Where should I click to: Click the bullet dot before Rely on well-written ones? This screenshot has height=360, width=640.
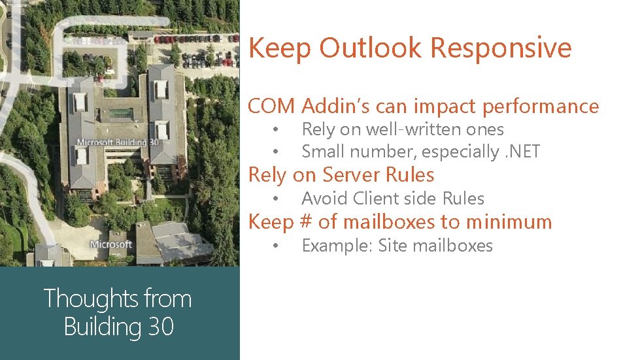(277, 129)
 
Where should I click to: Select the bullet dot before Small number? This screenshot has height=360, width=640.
(277, 152)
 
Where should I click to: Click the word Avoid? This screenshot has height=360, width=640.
(325, 198)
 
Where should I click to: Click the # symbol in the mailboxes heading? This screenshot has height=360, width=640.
(305, 222)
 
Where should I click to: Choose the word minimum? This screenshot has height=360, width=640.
(510, 222)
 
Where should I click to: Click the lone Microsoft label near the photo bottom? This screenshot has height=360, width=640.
(111, 244)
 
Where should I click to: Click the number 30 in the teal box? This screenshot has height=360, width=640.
(160, 326)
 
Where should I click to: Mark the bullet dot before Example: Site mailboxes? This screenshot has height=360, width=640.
(277, 246)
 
